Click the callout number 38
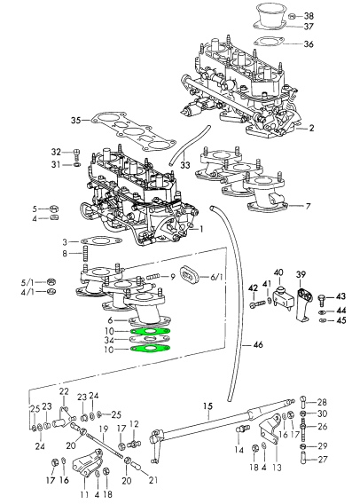pos(308,16)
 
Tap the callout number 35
pos(76,121)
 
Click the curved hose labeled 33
pos(187,145)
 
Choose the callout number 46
pos(258,345)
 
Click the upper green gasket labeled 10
pos(150,332)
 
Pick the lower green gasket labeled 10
pos(150,348)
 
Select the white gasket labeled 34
pos(149,339)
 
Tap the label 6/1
pos(216,277)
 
